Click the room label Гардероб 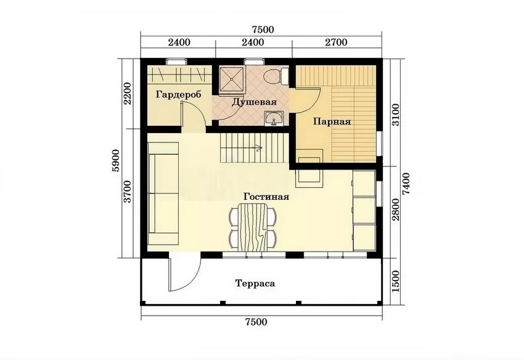178,94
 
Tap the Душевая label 255,102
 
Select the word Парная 332,121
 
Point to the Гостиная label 266,196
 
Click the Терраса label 255,284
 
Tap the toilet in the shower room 276,76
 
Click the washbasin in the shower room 274,118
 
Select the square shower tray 232,78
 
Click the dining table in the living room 252,227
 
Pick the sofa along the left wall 163,187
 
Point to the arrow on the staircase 253,147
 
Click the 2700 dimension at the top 337,43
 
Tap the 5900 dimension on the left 116,160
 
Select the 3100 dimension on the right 395,115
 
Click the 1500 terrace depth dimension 395,281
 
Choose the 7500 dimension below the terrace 256,322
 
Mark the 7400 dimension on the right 406,184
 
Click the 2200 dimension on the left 128,93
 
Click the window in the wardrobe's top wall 176,62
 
